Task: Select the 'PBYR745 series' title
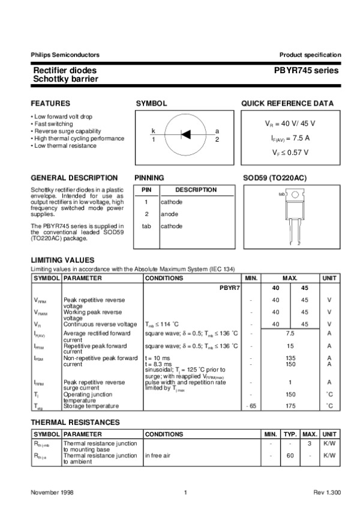pos(307,70)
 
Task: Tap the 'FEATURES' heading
pos(50,103)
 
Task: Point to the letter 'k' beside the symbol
pos(153,131)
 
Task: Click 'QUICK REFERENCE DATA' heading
pos(287,103)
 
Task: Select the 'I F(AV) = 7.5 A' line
pos(290,137)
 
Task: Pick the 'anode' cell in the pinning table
pos(169,214)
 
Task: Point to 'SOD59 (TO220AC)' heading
pos(274,178)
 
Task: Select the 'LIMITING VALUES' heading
pos(62,260)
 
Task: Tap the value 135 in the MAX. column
pos(290,358)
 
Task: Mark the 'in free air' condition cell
pos(158,456)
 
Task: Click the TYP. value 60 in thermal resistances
pos(290,456)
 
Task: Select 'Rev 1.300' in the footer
pos(327,492)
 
